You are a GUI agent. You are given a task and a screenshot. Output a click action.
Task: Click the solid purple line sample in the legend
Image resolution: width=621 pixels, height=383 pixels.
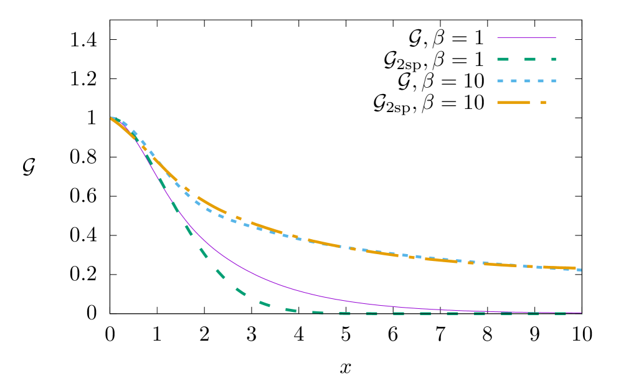526,37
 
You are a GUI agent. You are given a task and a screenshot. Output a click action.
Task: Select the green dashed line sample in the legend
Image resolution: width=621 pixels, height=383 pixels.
526,59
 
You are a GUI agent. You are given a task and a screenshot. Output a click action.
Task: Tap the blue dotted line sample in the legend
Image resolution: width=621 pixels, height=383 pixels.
526,81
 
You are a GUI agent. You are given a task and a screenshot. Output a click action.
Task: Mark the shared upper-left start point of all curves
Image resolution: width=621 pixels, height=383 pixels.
111,118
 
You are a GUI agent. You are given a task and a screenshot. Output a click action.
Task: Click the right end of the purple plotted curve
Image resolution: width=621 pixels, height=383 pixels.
581,313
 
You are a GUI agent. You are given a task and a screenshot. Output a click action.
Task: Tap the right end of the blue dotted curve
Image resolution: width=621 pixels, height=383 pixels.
580,270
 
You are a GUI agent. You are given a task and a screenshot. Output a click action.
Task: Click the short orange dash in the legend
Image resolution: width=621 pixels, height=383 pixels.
543,102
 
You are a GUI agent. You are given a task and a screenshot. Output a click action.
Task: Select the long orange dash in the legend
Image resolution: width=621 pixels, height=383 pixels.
513,102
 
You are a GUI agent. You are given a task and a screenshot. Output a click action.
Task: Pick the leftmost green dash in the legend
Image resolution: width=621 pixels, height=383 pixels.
503,59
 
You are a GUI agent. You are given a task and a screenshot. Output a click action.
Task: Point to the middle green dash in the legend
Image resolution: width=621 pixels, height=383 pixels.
529,59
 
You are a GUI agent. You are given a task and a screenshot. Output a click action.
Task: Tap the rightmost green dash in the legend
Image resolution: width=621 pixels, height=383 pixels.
553,59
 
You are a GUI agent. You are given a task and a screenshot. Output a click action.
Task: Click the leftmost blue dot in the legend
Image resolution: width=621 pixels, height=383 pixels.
500,81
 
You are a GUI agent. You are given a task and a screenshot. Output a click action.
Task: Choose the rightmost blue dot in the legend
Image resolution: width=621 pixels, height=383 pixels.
553,81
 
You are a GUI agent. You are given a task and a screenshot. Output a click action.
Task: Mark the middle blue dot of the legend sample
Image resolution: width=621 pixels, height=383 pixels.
526,81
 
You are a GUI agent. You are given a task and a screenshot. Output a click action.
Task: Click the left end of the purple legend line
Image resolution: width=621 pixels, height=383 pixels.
498,37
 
